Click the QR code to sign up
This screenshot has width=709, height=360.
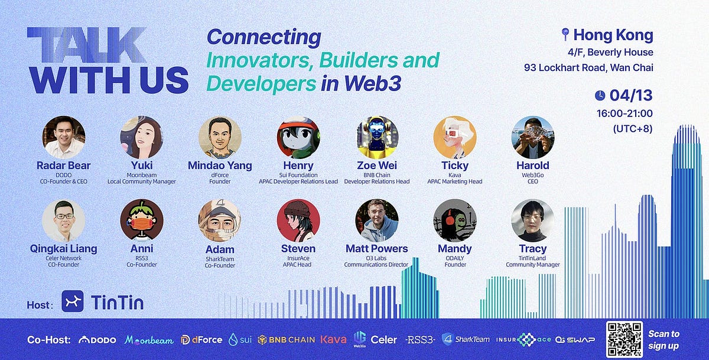pos(624,339)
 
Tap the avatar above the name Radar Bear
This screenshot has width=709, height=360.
pos(64,137)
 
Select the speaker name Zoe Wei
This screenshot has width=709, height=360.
pos(377,166)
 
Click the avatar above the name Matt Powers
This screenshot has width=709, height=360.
pos(377,220)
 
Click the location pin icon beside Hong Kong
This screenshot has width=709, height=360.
pos(565,35)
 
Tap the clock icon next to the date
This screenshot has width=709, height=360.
pos(600,96)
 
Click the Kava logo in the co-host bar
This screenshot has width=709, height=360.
pos(333,340)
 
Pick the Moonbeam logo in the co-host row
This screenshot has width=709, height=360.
pos(149,340)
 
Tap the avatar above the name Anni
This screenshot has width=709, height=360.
pos(142,220)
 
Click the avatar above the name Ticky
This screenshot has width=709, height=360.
pos(455,137)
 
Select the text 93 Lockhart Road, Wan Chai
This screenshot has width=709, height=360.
pos(588,67)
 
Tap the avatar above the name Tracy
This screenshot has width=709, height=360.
pos(532,220)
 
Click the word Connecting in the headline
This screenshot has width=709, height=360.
pos(264,37)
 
